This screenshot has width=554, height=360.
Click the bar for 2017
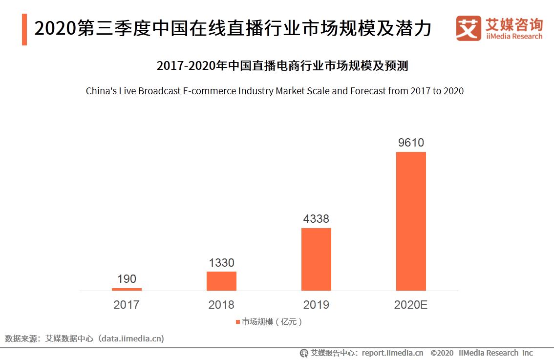(x=127, y=289)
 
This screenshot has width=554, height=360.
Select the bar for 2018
(x=221, y=281)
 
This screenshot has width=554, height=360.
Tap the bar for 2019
(x=316, y=259)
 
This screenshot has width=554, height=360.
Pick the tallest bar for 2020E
(x=411, y=221)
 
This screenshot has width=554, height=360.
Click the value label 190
(x=127, y=279)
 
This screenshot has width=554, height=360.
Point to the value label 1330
(x=221, y=263)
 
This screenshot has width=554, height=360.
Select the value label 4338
(x=316, y=219)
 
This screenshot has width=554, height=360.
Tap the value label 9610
(x=411, y=143)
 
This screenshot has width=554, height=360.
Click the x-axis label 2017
(x=127, y=305)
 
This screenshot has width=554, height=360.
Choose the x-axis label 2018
(x=221, y=305)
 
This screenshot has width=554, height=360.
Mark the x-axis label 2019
(x=316, y=305)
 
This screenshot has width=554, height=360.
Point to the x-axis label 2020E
(x=411, y=305)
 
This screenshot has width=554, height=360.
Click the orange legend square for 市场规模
(x=238, y=322)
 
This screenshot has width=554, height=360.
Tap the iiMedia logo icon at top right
(x=469, y=28)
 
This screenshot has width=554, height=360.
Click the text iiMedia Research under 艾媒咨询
(x=514, y=37)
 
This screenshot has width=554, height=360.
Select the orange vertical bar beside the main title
(x=24, y=29)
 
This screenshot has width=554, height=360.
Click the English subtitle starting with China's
(x=275, y=91)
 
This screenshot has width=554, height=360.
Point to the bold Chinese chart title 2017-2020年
(x=282, y=66)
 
